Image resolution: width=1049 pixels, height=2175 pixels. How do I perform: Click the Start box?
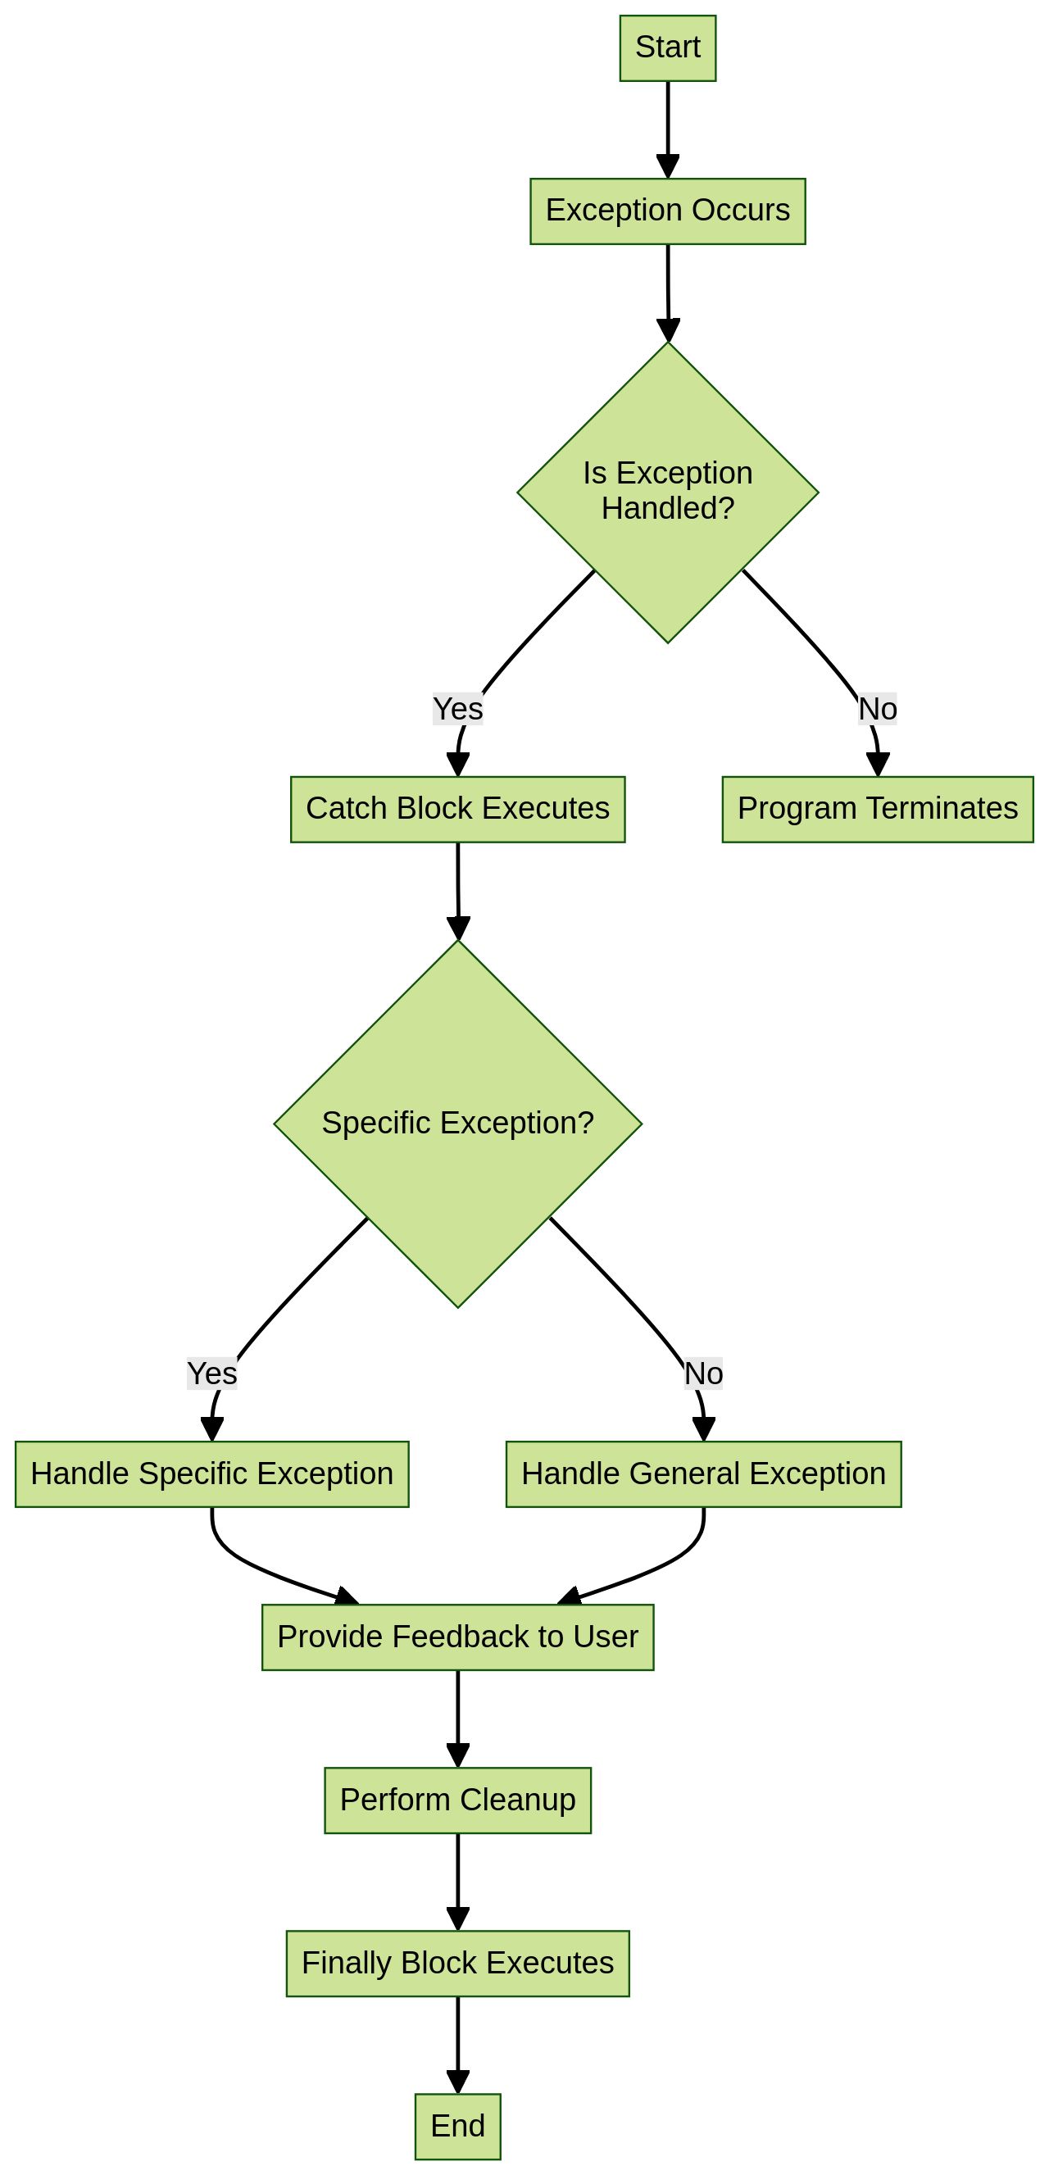tap(667, 48)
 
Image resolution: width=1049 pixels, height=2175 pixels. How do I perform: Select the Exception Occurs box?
tap(667, 211)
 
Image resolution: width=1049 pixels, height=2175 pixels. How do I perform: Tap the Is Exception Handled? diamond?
tap(667, 492)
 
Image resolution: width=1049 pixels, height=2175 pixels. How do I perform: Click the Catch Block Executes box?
tap(458, 809)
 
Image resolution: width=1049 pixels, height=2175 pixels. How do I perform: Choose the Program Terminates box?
tap(878, 809)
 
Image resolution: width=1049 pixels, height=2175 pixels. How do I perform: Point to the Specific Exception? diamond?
tap(458, 1123)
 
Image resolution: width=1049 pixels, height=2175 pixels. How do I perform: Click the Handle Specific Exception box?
tap(212, 1473)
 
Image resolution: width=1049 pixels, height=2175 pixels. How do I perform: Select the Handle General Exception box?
tap(703, 1473)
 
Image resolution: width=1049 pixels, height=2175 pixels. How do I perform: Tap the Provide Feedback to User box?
tap(458, 1637)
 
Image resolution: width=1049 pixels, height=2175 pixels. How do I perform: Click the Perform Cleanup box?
tap(458, 1800)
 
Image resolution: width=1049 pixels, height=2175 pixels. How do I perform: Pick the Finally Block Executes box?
tap(458, 1962)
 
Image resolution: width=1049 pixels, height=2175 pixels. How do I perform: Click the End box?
tap(458, 2125)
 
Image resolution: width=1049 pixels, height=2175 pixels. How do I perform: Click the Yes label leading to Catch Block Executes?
tap(458, 708)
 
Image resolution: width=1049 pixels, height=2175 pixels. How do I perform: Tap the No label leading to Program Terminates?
tap(878, 708)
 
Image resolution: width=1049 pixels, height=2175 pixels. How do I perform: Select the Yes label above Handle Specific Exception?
tap(212, 1373)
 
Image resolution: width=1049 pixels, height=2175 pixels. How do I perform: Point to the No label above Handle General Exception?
tap(703, 1373)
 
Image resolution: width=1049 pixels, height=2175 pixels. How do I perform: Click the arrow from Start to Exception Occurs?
tap(668, 127)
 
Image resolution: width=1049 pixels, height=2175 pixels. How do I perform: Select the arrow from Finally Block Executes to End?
tap(458, 2043)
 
